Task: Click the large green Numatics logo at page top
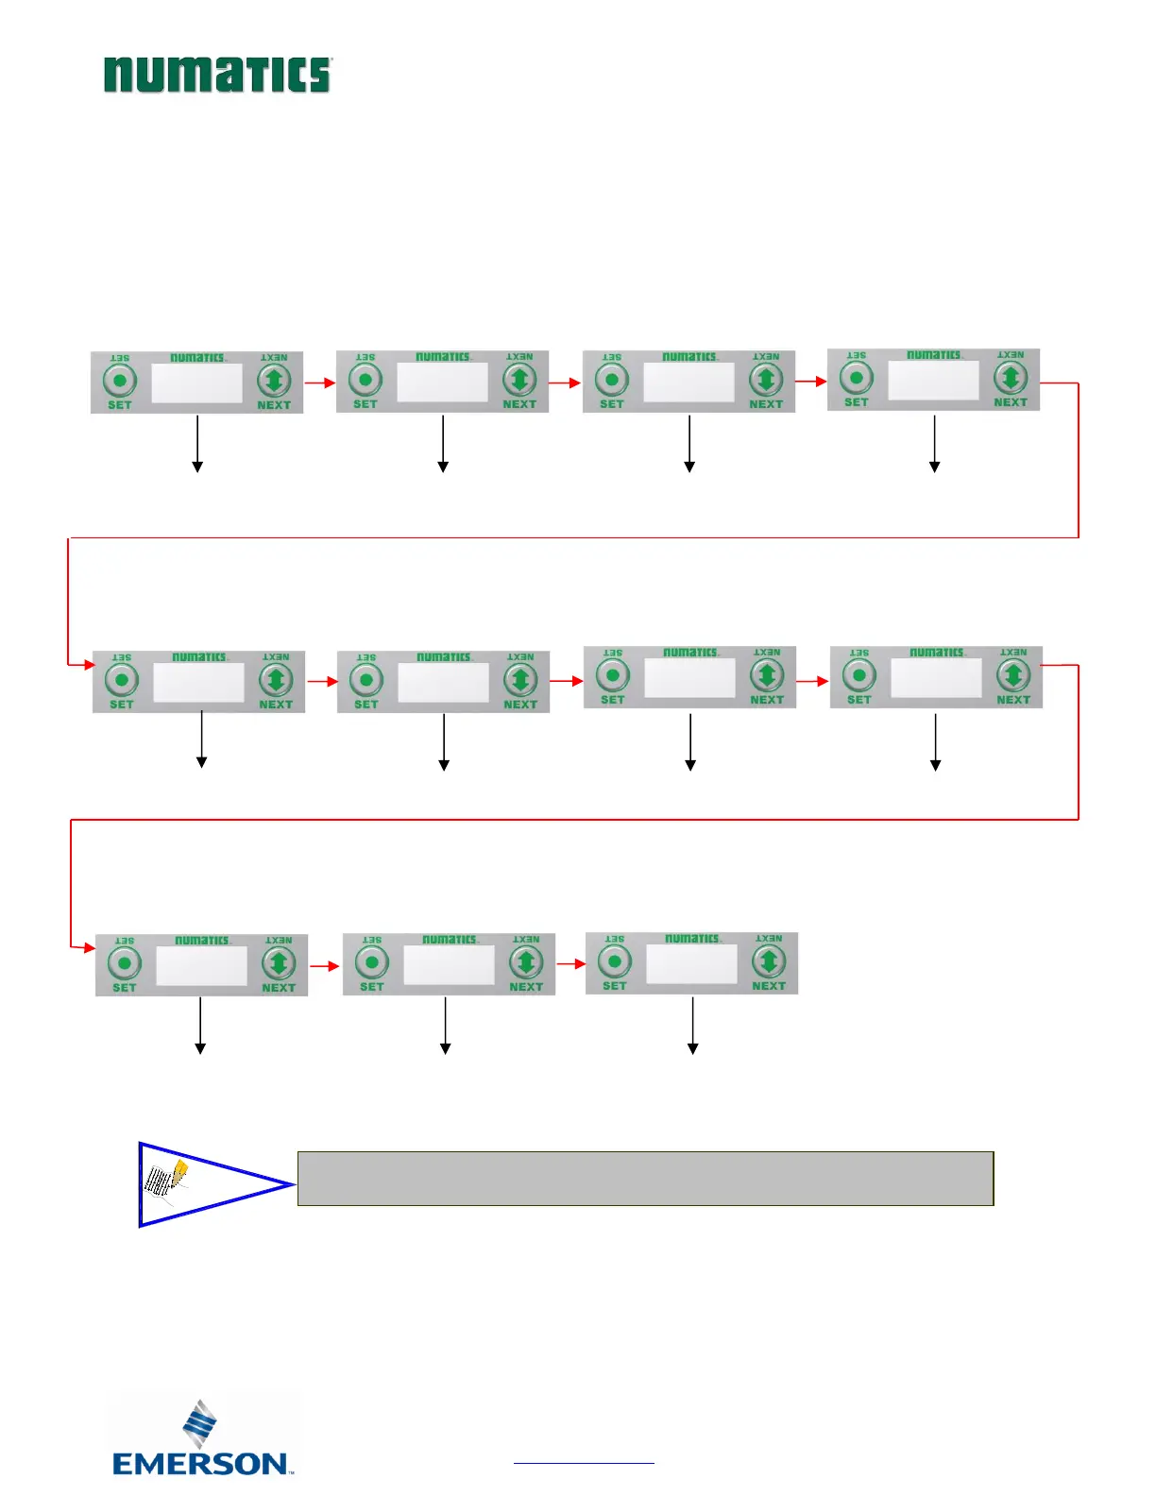(217, 75)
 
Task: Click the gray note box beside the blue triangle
(645, 1178)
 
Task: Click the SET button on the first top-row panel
(120, 382)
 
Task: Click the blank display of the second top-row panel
(442, 382)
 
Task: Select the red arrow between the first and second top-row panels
(320, 382)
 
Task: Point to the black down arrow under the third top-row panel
(689, 444)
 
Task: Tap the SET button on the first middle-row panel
(122, 680)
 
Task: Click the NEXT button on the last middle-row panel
(1013, 675)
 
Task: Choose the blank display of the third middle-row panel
(689, 677)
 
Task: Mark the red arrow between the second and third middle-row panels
(567, 680)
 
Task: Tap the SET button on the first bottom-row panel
(125, 963)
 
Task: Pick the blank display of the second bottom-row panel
(449, 964)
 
